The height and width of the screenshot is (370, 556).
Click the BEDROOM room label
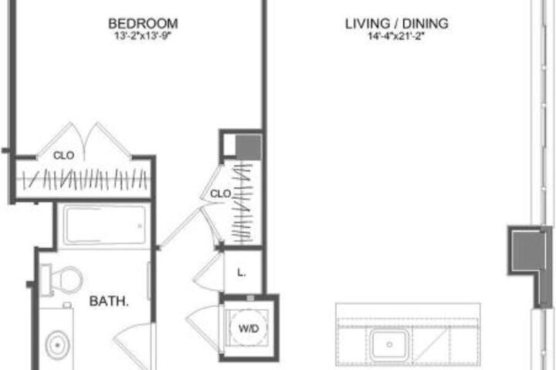coord(143,24)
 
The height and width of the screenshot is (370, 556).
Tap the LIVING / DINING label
coord(397,24)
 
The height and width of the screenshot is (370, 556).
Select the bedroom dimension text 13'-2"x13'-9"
coord(143,35)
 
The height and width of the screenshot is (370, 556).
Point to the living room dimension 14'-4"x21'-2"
coord(396,36)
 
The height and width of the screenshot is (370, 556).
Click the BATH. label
coord(109,301)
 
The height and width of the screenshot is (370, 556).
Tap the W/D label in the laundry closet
coord(249,328)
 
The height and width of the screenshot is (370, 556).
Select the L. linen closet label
coord(242,273)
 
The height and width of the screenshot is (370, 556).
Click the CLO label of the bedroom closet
coord(64,156)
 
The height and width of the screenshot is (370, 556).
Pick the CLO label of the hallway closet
coord(221,193)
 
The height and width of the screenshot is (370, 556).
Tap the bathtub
coord(104,225)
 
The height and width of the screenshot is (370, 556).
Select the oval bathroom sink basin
coord(57,345)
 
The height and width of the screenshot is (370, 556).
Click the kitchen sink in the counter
coord(389,344)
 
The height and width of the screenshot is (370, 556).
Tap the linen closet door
coord(208,271)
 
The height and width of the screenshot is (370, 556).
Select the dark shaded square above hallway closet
coord(249,147)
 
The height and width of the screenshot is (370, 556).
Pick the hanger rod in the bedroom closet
coord(84,179)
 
